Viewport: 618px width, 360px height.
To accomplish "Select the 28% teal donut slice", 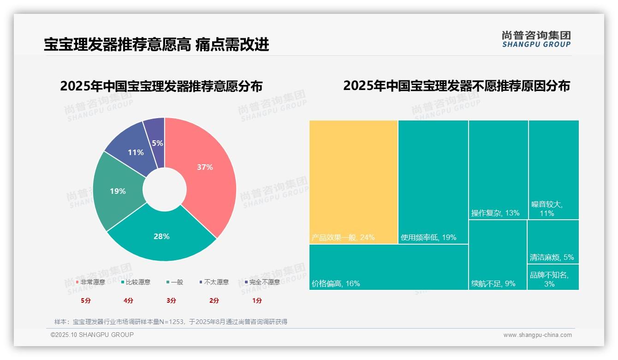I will coord(161,236).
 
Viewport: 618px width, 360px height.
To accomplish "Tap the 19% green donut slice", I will coord(118,191).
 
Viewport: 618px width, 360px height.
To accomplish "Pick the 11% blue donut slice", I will coord(136,152).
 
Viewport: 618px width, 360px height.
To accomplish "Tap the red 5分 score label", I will coord(86,300).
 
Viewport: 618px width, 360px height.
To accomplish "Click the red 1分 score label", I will coord(257,300).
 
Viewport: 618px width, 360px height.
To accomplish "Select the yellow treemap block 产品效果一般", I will coord(353,182).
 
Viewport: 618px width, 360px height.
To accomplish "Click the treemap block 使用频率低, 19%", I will coord(433,182).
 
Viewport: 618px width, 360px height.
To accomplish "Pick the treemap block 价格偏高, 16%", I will coord(388,267).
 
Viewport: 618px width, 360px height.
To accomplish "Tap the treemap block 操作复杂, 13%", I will coord(498,170).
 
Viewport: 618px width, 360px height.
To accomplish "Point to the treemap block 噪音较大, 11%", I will coord(553,170).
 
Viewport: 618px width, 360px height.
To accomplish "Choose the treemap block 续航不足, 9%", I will coord(498,255).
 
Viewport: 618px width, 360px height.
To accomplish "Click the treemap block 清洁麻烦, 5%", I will coord(553,241).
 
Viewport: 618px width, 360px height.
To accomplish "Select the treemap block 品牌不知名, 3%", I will coord(553,277).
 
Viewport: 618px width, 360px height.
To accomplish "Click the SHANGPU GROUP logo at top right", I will coord(536,39).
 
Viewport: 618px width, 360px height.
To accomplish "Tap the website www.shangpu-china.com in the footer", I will coord(537,335).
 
